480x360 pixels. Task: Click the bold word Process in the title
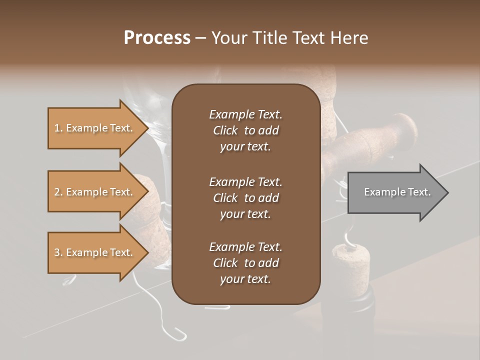[x=157, y=37]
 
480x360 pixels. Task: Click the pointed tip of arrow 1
[x=146, y=128]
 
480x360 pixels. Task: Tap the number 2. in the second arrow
[x=58, y=192]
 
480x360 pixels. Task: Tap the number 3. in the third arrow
[x=58, y=252]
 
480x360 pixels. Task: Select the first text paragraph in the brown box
[x=245, y=130]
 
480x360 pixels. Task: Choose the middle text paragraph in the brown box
[x=245, y=197]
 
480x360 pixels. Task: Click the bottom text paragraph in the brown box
[x=245, y=262]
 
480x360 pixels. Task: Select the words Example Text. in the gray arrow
[x=397, y=192]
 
